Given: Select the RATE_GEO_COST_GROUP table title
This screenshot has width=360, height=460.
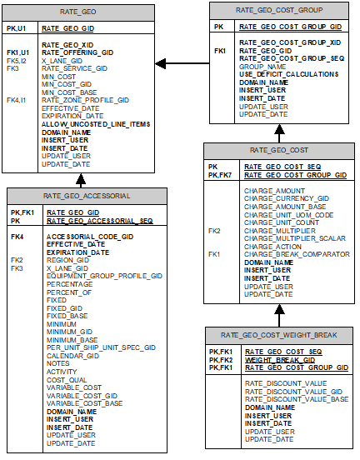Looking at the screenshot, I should [x=279, y=10].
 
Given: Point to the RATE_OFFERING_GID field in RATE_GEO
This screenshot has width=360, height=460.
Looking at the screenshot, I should [x=77, y=52].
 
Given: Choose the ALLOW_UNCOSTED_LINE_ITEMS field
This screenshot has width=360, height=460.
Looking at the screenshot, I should [x=96, y=124].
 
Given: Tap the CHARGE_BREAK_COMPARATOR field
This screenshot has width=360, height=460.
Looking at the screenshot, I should [x=297, y=253].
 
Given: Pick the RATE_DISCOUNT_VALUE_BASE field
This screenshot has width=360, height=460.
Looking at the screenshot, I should [x=297, y=398].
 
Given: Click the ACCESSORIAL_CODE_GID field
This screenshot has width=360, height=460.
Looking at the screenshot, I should [x=88, y=237].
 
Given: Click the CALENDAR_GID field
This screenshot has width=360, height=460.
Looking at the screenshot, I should [x=72, y=355].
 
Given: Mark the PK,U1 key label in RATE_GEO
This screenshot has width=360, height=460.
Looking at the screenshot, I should [x=17, y=28].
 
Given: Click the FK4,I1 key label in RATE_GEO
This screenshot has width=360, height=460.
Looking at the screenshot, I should [x=17, y=100].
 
